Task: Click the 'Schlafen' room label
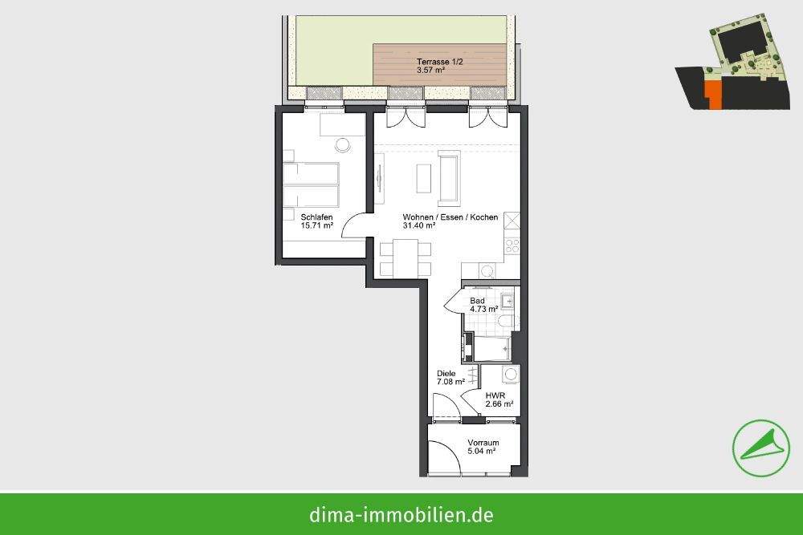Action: pos(316,217)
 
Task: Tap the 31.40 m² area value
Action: pos(419,226)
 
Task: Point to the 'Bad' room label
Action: pos(477,301)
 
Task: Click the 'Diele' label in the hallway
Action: pos(446,373)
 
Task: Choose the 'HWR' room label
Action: pos(495,395)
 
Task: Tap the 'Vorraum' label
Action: pos(483,443)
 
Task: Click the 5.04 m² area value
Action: pos(482,452)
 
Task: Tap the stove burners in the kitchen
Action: pos(512,245)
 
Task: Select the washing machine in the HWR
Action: pos(510,375)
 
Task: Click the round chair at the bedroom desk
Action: pos(343,145)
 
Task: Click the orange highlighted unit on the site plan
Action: pos(711,90)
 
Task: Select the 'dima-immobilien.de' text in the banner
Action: pos(401,514)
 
